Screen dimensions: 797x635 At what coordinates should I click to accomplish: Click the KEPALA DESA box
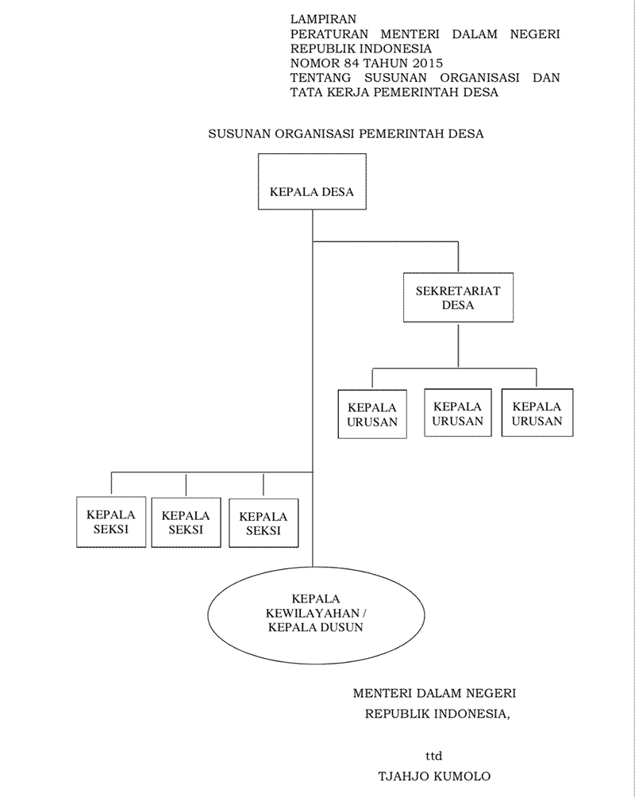[312, 191]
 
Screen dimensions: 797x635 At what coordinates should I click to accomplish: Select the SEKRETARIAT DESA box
[458, 297]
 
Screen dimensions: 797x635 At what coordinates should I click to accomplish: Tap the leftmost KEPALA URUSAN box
[371, 413]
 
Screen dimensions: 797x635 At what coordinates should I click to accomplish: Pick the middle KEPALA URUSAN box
[458, 413]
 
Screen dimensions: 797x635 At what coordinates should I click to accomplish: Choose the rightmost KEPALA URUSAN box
[537, 413]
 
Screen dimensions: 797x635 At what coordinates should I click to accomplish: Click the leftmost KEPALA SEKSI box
[111, 522]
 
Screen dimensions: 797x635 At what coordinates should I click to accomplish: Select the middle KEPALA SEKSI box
[186, 522]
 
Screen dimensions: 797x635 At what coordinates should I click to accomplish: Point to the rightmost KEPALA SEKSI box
[264, 523]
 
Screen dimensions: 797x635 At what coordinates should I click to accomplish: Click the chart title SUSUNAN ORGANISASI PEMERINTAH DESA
[345, 134]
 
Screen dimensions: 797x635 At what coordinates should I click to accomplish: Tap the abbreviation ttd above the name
[433, 756]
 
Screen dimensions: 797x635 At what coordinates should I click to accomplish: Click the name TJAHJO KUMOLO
[434, 776]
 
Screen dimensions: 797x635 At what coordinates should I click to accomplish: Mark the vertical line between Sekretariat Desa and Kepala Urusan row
[458, 345]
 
